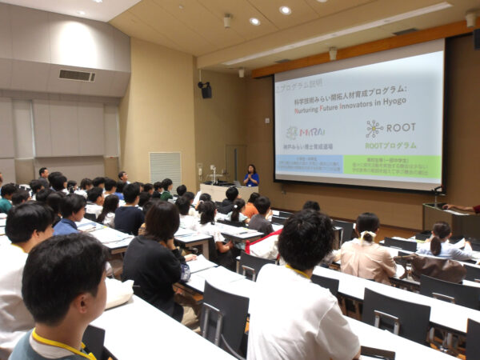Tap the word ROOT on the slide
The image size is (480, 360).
click(x=401, y=127)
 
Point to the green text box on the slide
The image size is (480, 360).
click(x=391, y=166)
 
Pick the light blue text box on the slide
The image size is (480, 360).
click(x=308, y=165)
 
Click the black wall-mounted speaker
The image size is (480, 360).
click(x=206, y=90)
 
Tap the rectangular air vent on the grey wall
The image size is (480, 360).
click(x=77, y=75)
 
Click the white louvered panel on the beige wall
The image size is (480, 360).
click(x=166, y=167)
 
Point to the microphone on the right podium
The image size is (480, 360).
click(x=438, y=192)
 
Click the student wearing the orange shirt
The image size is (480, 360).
click(x=251, y=207)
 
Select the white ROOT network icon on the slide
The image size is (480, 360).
click(x=374, y=128)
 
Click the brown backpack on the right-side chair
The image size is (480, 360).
click(x=439, y=267)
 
